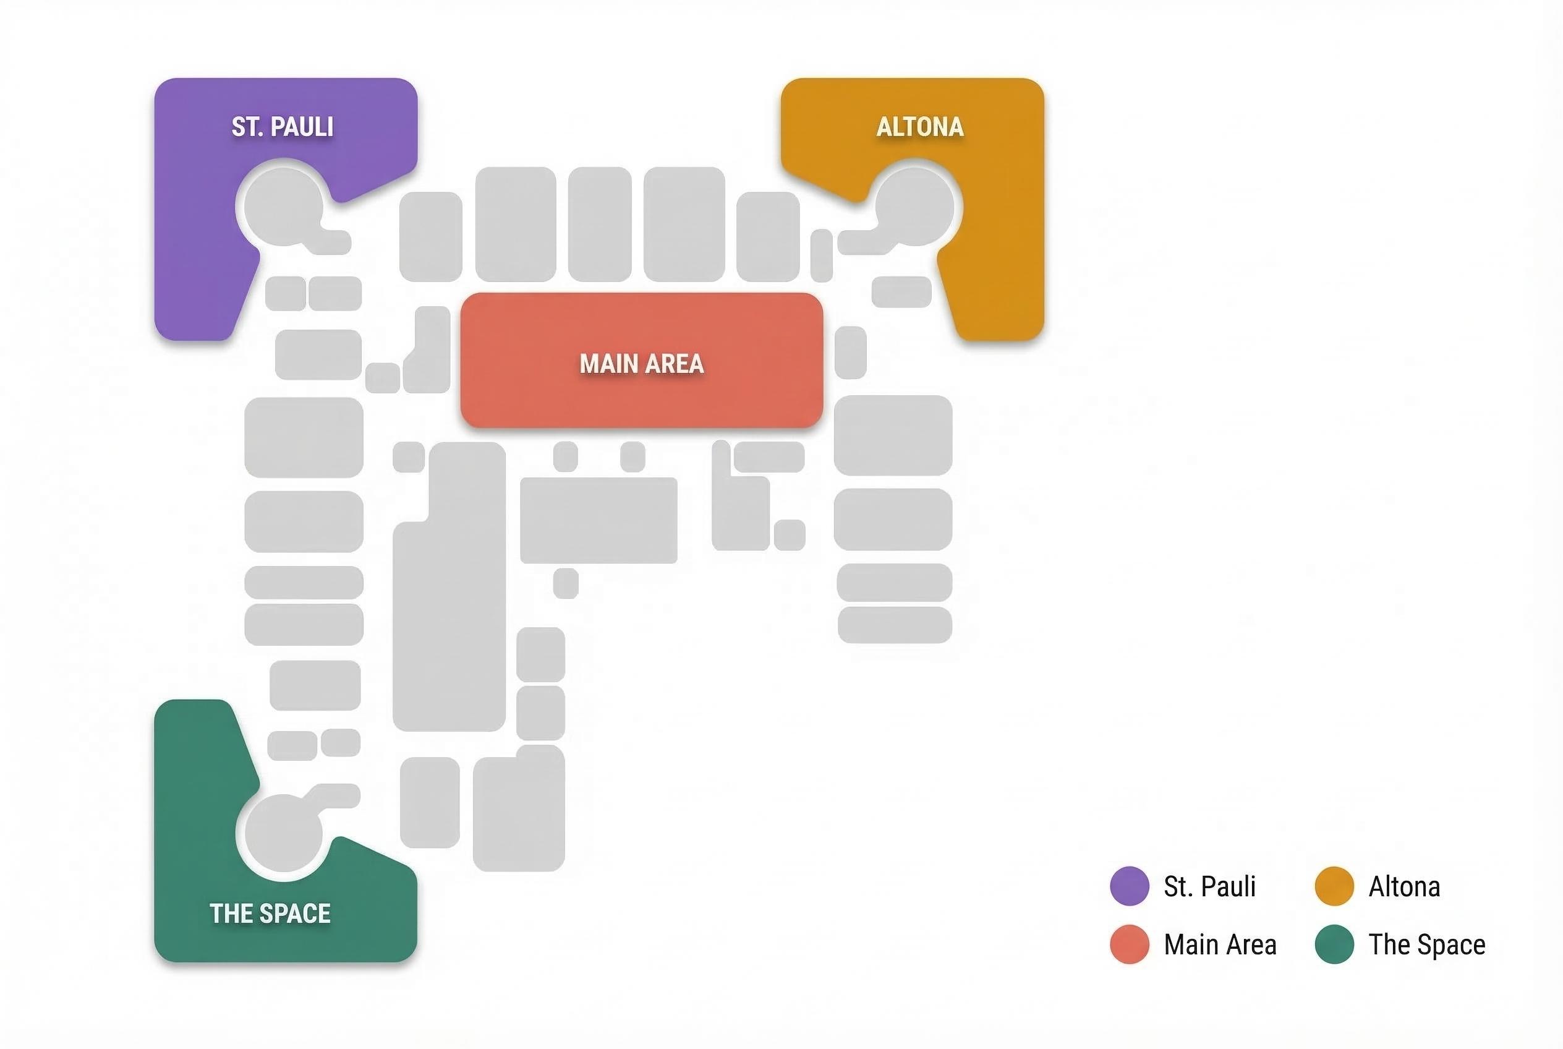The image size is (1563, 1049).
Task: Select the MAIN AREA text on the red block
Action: (x=641, y=364)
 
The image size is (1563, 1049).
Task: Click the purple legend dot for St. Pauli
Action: (x=1130, y=886)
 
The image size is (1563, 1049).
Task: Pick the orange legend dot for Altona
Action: (x=1334, y=886)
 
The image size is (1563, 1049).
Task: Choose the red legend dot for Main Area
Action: (x=1130, y=944)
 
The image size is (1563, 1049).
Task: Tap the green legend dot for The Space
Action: (x=1334, y=944)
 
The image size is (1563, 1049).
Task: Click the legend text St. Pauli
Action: (x=1210, y=886)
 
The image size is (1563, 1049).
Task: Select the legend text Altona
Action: (x=1405, y=886)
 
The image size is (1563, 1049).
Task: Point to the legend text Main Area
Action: (x=1220, y=944)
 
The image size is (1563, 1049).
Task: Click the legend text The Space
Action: (x=1427, y=944)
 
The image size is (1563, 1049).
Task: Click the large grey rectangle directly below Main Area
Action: (x=598, y=520)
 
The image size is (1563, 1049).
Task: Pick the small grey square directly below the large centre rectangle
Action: (x=566, y=583)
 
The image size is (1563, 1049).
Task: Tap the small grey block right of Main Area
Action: (x=851, y=353)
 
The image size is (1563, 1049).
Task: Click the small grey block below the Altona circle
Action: (x=901, y=292)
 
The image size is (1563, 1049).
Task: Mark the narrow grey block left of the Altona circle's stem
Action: (x=821, y=255)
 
